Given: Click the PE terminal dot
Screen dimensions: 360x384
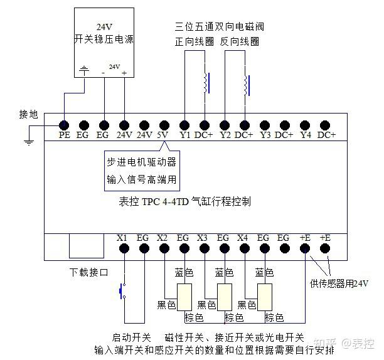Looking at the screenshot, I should pyautogui.click(x=64, y=124).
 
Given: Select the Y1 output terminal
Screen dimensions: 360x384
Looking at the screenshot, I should pyautogui.click(x=184, y=124).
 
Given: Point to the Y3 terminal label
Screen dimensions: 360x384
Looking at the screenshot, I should pyautogui.click(x=265, y=135).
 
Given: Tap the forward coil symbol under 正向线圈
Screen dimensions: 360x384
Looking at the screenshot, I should pyautogui.click(x=206, y=83).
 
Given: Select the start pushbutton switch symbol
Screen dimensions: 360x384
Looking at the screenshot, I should pyautogui.click(x=123, y=291).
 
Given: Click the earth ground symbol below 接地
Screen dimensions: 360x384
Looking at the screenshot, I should pyautogui.click(x=28, y=144).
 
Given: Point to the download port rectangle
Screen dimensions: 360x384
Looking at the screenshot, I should pyautogui.click(x=87, y=245).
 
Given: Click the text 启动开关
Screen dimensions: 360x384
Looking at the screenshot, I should pyautogui.click(x=131, y=337).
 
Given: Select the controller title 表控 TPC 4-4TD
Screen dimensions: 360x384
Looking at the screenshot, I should pyautogui.click(x=185, y=202).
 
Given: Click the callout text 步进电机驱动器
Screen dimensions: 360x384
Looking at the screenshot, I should pyautogui.click(x=141, y=162).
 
